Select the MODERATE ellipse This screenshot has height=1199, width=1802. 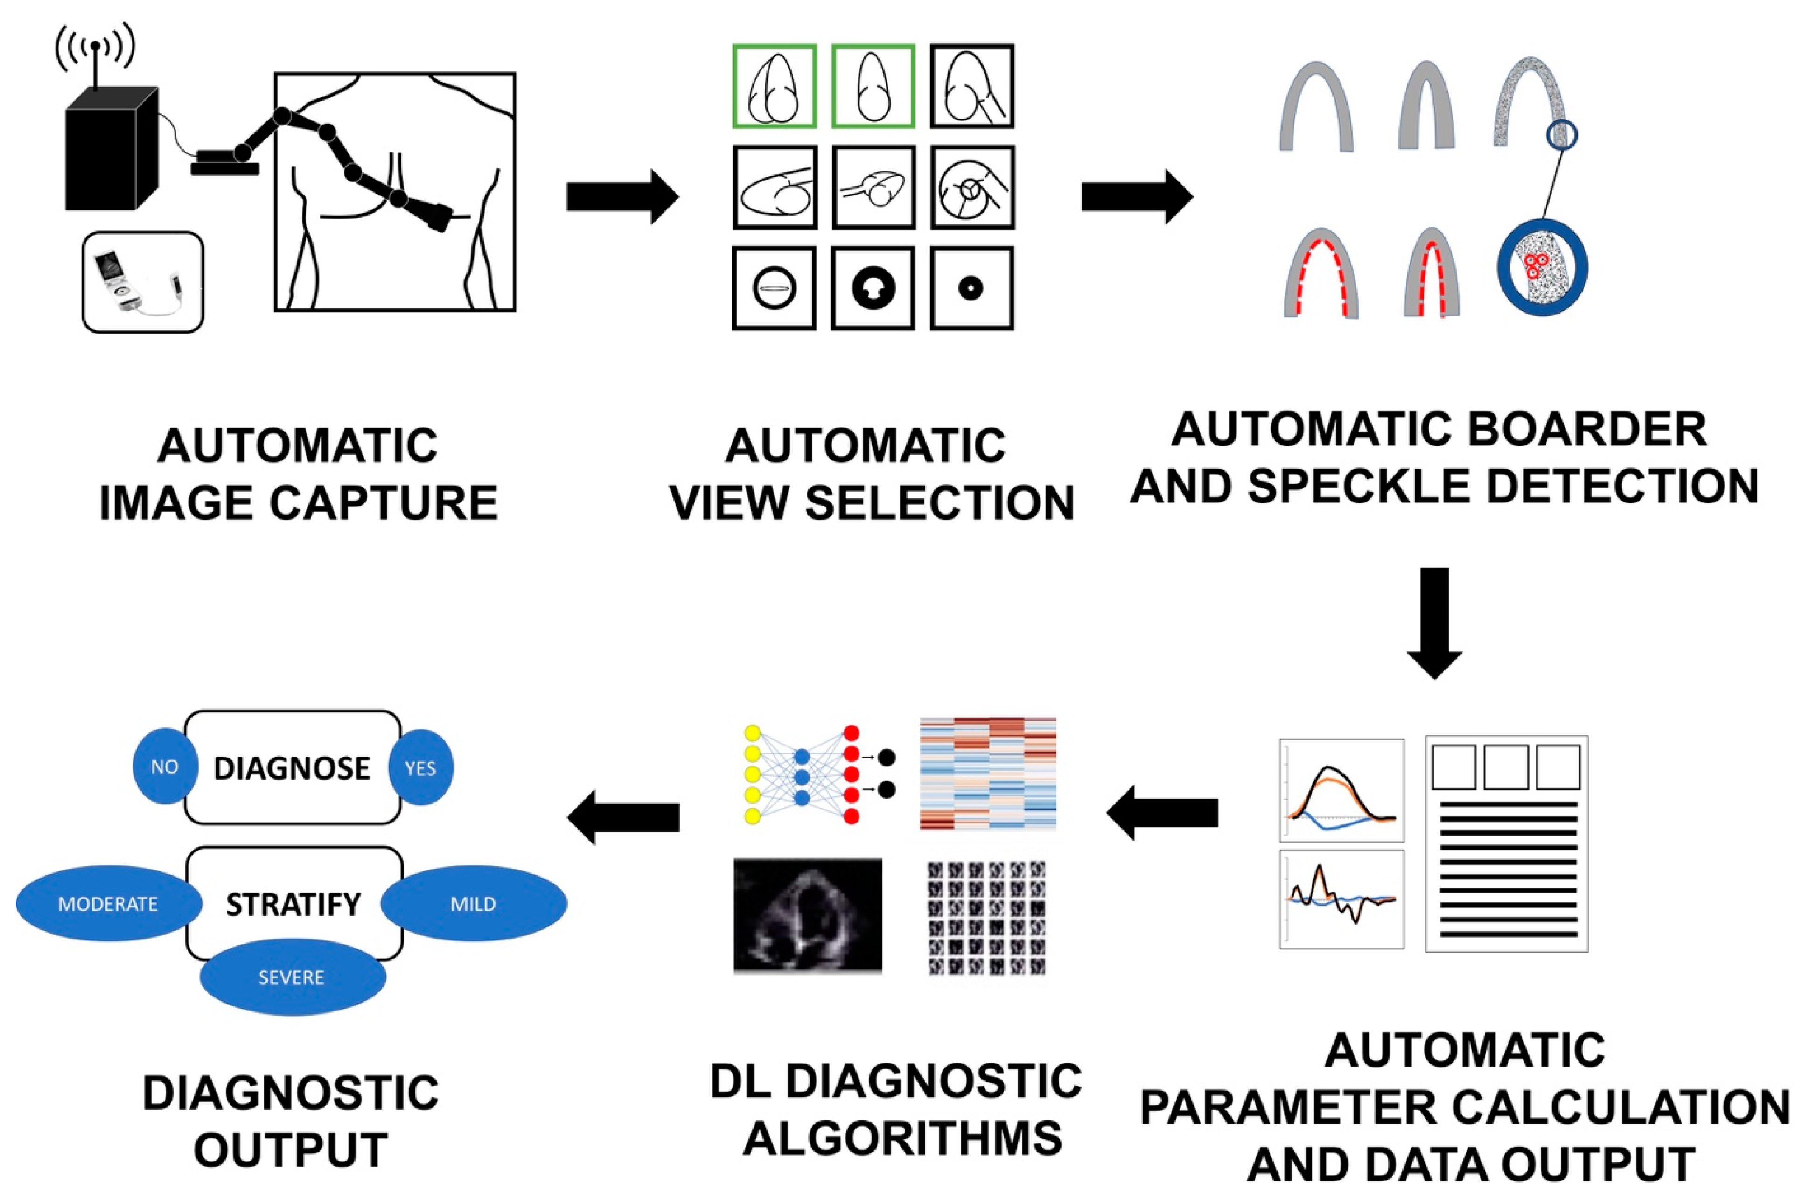tap(108, 904)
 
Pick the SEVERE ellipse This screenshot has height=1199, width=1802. tap(291, 977)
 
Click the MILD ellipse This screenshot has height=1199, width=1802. tap(473, 904)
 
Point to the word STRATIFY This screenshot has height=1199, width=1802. tap(293, 905)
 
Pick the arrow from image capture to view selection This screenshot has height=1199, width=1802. tap(622, 196)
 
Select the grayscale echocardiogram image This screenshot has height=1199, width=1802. tap(807, 915)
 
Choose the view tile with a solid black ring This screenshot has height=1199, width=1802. tap(873, 288)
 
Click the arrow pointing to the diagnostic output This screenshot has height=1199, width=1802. tap(623, 816)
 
